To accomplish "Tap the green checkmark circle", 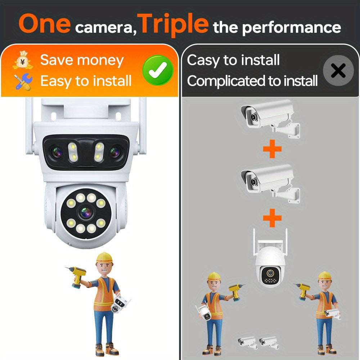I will tap(158, 70).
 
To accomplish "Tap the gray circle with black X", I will tap(338, 71).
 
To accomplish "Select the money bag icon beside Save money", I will tap(23, 60).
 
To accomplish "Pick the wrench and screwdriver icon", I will tap(23, 81).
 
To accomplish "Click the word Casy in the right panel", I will tap(202, 60).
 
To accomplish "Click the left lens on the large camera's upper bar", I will tap(57, 152).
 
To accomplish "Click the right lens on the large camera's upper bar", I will tap(115, 152).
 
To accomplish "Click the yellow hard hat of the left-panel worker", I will tap(104, 257).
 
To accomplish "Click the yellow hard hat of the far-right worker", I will tap(324, 275).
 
